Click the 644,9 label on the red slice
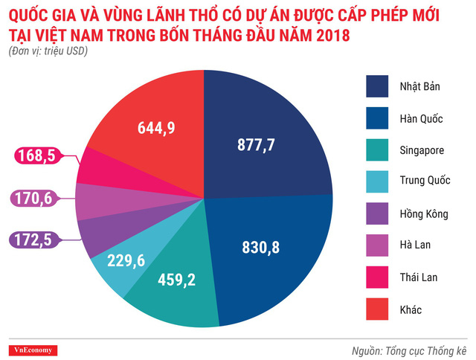coord(156,128)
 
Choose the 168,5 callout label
coord(35,157)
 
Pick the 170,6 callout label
coord(35,199)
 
